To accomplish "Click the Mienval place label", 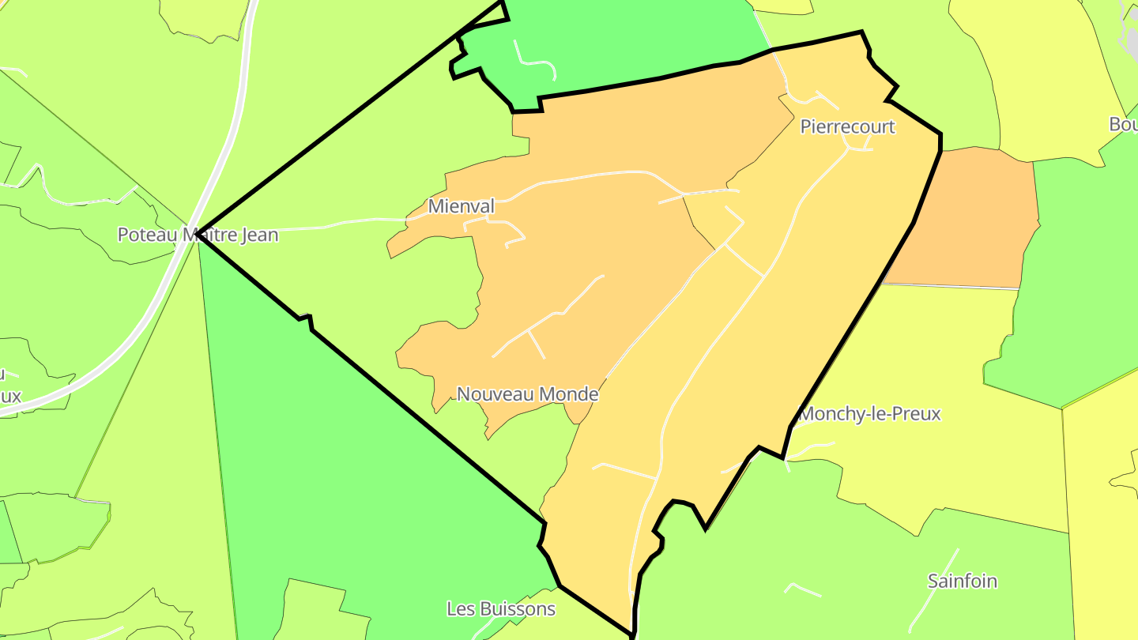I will point(461,207).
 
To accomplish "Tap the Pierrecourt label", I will point(847,126).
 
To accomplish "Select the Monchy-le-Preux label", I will point(870,414).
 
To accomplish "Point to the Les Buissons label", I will point(501,609).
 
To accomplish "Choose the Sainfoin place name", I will point(962,582).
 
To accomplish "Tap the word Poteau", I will point(147,235).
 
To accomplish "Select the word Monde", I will point(570,394).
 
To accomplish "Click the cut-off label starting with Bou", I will point(1123,125).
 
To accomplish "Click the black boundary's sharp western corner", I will point(198,234).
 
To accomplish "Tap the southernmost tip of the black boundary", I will point(632,634).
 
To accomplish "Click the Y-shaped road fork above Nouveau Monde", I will point(529,333).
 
